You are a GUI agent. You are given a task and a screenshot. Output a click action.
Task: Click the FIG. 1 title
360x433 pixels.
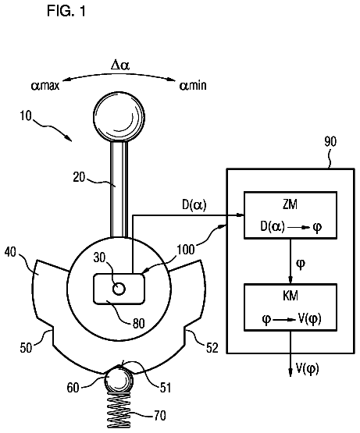pyautogui.click(x=66, y=12)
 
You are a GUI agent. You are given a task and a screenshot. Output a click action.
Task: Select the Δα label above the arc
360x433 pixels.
pyautogui.click(x=120, y=66)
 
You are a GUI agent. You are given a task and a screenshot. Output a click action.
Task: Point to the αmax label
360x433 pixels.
pyautogui.click(x=45, y=85)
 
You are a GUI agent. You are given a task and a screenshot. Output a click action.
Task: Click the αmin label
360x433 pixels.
pyautogui.click(x=193, y=85)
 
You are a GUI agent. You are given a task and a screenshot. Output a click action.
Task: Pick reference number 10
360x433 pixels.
pyautogui.click(x=26, y=115)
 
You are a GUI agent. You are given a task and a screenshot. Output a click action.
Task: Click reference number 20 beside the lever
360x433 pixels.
pyautogui.click(x=79, y=177)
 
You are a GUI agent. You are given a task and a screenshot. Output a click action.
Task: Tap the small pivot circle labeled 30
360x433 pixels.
pyautogui.click(x=119, y=289)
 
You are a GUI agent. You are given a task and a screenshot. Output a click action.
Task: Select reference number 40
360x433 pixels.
pyautogui.click(x=10, y=253)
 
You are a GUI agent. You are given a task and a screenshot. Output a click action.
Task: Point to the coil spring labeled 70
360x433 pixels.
pyautogui.click(x=119, y=410)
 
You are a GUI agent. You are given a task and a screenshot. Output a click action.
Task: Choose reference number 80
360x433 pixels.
pyautogui.click(x=138, y=324)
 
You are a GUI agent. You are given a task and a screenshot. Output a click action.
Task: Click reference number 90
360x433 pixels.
pyautogui.click(x=330, y=142)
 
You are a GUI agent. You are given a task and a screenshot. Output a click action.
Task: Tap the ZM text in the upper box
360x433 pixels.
pyautogui.click(x=290, y=204)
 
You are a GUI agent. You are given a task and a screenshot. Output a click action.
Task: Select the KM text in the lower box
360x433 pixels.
pyautogui.click(x=290, y=296)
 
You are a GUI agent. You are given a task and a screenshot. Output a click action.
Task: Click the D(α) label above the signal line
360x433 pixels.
pyautogui.click(x=194, y=206)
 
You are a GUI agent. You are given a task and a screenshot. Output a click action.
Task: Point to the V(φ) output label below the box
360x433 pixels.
pyautogui.click(x=307, y=369)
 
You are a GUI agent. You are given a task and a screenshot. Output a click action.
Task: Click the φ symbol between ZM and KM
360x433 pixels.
pyautogui.click(x=301, y=264)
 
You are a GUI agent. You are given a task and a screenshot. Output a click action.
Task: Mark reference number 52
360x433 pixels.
pyautogui.click(x=212, y=348)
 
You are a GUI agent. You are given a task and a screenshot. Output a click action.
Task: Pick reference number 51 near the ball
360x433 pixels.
pyautogui.click(x=166, y=388)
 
